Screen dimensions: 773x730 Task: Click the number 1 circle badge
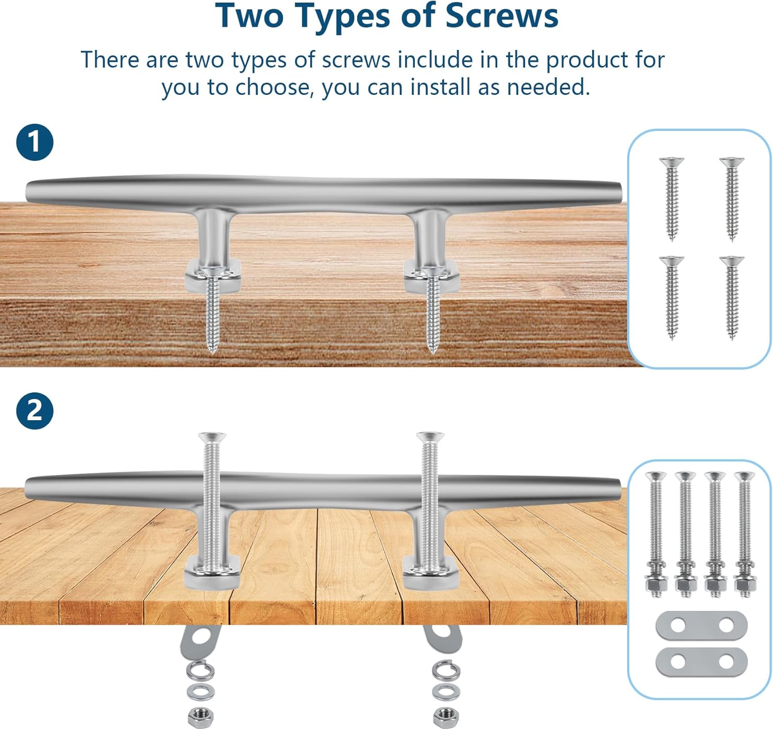click(35, 142)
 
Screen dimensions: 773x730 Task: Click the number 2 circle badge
click(35, 410)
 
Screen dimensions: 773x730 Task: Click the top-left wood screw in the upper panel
click(671, 198)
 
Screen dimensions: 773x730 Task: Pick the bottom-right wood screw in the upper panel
click(732, 298)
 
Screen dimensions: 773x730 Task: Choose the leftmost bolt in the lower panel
click(656, 534)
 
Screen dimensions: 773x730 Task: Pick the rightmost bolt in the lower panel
click(745, 534)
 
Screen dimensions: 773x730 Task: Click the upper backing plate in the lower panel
click(701, 625)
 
